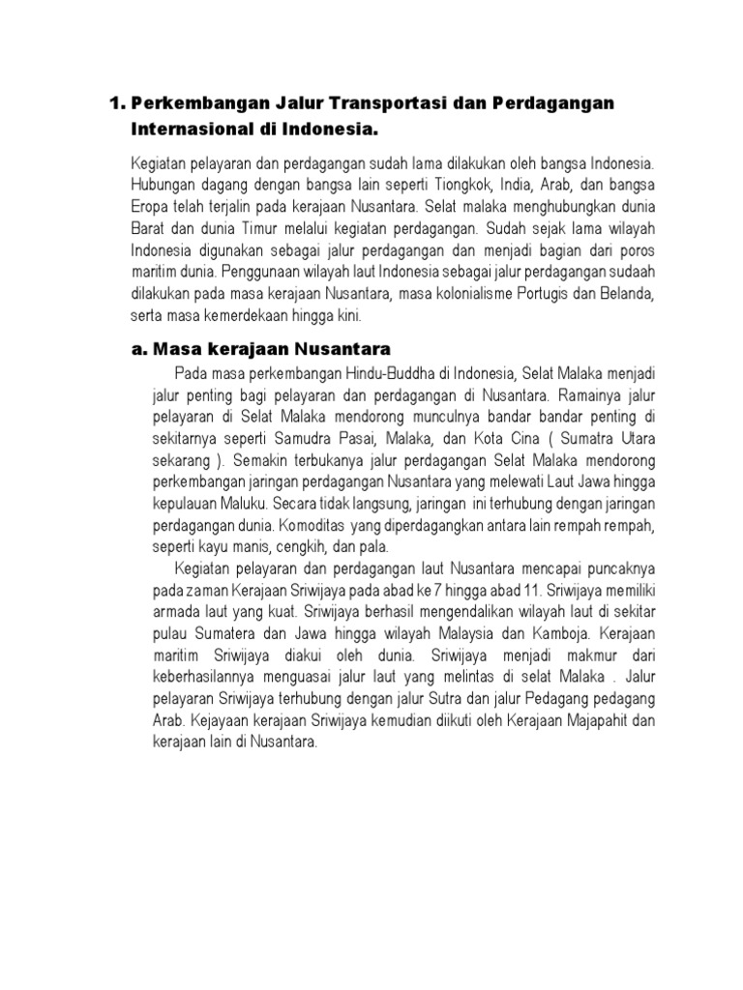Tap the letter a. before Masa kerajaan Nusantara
136,349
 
